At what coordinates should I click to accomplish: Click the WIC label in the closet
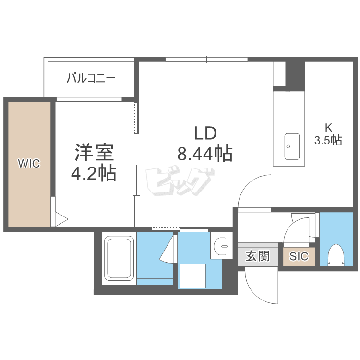click(x=29, y=164)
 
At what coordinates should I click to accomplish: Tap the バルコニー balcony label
click(x=91, y=78)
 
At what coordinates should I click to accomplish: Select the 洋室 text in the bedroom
click(x=94, y=152)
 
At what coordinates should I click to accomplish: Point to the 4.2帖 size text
click(x=94, y=174)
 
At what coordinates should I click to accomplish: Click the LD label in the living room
click(x=205, y=133)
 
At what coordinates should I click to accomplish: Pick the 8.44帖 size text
click(x=205, y=154)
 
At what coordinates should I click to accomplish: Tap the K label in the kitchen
click(x=328, y=127)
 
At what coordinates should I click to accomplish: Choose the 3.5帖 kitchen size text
click(x=328, y=140)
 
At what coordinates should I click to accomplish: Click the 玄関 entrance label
click(x=258, y=256)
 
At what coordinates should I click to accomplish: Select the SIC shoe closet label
click(x=299, y=256)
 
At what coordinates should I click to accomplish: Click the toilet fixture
click(x=336, y=255)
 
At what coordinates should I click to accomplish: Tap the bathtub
click(x=119, y=259)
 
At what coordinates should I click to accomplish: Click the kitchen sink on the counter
click(x=292, y=146)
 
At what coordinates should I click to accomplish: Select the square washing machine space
click(x=193, y=276)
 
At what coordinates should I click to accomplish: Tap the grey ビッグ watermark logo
click(x=180, y=182)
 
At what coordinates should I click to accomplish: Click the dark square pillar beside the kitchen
click(x=295, y=76)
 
